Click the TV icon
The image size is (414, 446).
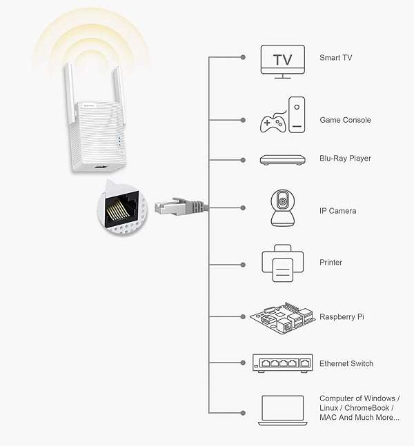(x=282, y=62)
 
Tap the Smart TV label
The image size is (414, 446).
(x=336, y=58)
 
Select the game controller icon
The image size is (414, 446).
(x=273, y=122)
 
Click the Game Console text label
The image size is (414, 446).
(x=345, y=120)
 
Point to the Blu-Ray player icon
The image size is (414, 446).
(x=282, y=160)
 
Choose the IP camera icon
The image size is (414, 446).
(x=282, y=208)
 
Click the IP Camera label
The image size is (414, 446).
(x=337, y=211)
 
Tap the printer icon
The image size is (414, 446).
(x=282, y=263)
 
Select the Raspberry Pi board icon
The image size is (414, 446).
(x=282, y=318)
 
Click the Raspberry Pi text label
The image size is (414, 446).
(x=342, y=317)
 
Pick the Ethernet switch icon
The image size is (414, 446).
(x=282, y=363)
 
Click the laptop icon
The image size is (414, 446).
(x=282, y=410)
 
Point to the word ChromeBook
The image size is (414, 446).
(x=366, y=408)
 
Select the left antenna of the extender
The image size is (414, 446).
(x=70, y=94)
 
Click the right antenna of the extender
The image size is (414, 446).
(x=118, y=95)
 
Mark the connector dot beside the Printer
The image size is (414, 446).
(x=243, y=265)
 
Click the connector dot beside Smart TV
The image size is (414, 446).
(x=243, y=57)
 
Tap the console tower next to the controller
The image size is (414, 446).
(x=297, y=114)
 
